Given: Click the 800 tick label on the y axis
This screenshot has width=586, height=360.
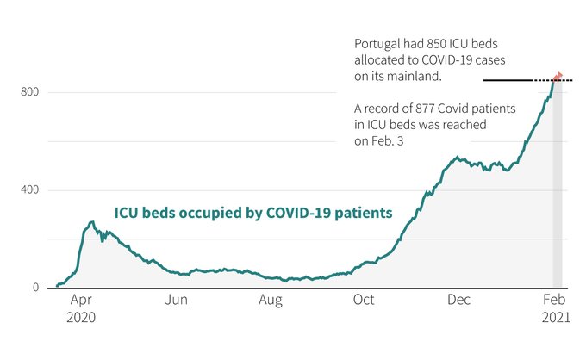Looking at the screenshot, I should click(30, 91).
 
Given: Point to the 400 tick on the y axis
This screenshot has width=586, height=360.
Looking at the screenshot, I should click(30, 189).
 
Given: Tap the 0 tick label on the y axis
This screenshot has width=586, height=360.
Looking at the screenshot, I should click(36, 288).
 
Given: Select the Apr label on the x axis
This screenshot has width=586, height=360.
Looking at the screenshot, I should click(82, 301).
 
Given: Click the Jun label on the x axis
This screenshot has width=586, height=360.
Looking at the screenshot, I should click(177, 301).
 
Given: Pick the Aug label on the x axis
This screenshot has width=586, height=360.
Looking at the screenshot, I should click(271, 301).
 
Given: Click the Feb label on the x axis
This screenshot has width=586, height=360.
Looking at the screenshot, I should click(553, 301).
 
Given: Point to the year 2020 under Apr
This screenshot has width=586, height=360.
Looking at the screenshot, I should click(82, 316).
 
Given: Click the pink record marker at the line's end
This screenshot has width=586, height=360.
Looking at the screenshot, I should click(558, 76).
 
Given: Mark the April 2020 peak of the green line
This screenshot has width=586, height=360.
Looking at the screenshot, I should click(91, 222).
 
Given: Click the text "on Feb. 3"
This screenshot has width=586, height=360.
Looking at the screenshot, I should click(379, 140).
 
